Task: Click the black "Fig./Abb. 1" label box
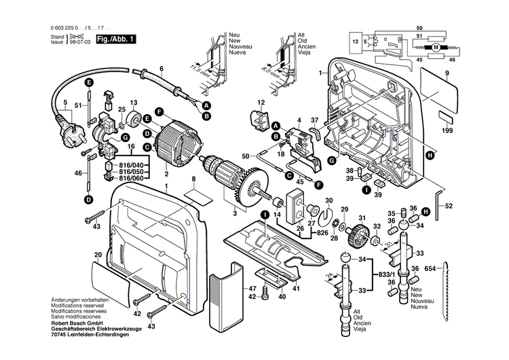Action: [116, 39]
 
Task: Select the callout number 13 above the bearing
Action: [134, 102]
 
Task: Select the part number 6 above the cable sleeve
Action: [162, 69]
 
